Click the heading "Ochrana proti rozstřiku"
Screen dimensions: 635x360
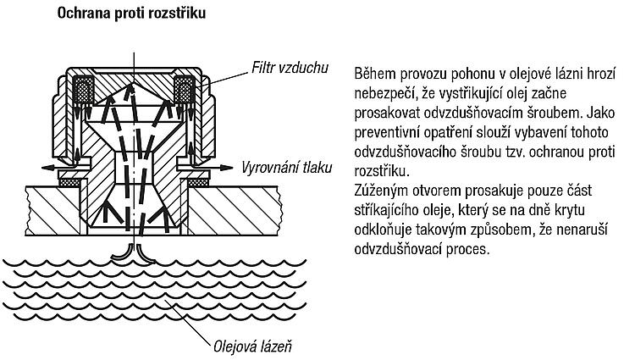pos(131,14)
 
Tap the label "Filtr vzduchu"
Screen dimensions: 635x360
pos(290,68)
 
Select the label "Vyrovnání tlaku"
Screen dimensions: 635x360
pos(287,167)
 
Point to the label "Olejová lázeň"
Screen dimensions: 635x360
pos(252,346)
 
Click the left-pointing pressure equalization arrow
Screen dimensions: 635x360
pos(58,167)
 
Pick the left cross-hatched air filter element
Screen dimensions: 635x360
pos(84,89)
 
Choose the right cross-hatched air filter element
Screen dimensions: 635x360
pos(185,89)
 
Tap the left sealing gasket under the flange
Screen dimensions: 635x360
pos(71,183)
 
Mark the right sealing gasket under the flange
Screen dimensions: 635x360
pos(197,183)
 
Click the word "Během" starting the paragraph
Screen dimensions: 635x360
pos(375,74)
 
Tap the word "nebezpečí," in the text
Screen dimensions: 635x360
pos(385,94)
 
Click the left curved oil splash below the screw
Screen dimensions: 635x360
pos(122,253)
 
